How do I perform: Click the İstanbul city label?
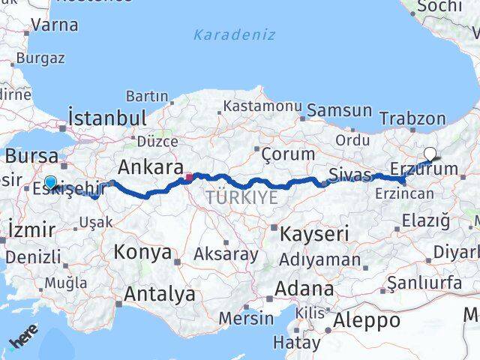(x=107, y=118)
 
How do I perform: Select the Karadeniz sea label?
(x=234, y=34)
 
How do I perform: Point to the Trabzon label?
(x=412, y=118)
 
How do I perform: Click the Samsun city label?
(x=339, y=111)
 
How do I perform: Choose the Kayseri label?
(x=314, y=234)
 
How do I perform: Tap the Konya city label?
(x=142, y=252)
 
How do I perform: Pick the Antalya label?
(x=159, y=295)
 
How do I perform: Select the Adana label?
(x=304, y=288)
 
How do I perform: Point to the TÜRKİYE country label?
(x=242, y=198)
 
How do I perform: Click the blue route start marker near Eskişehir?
(x=50, y=181)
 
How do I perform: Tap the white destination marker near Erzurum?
(x=430, y=154)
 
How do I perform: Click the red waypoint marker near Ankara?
(x=189, y=178)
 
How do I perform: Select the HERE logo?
(x=24, y=340)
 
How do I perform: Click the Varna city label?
(x=55, y=25)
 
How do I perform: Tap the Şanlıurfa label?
(x=424, y=283)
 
